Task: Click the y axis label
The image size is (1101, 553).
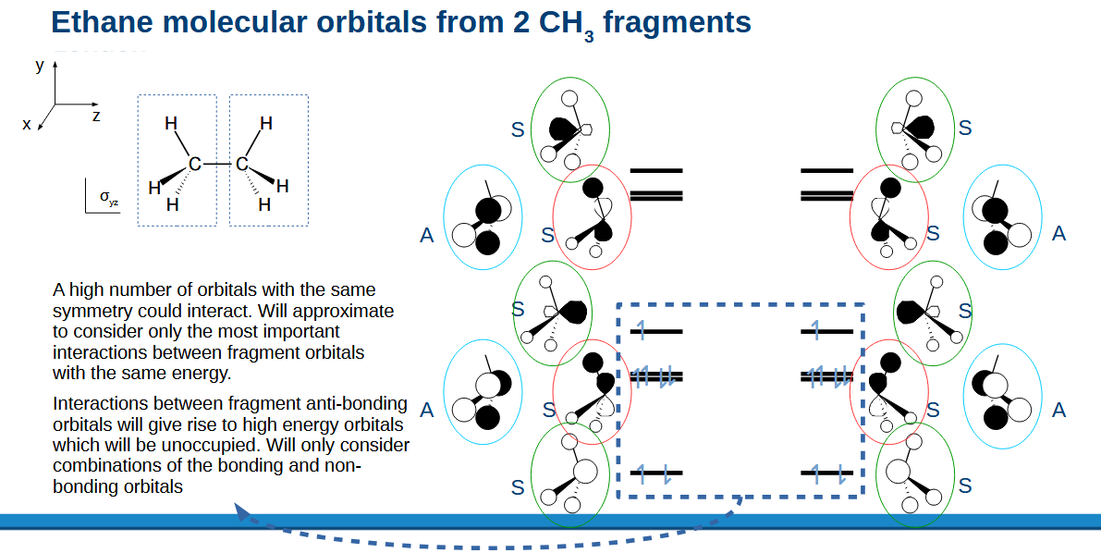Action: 40,65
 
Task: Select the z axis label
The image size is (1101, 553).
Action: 96,117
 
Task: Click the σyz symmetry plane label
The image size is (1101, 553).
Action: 109,197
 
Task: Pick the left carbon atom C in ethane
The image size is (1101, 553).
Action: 194,165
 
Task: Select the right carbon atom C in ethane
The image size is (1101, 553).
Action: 241,165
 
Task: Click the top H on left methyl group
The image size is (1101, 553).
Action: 171,123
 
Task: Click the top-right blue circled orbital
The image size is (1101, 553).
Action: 1002,219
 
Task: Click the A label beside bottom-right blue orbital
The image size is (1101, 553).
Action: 1059,410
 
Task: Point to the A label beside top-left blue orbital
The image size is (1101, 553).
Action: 426,236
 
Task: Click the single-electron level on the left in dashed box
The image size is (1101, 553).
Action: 655,330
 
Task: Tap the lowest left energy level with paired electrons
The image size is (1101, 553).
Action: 655,473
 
